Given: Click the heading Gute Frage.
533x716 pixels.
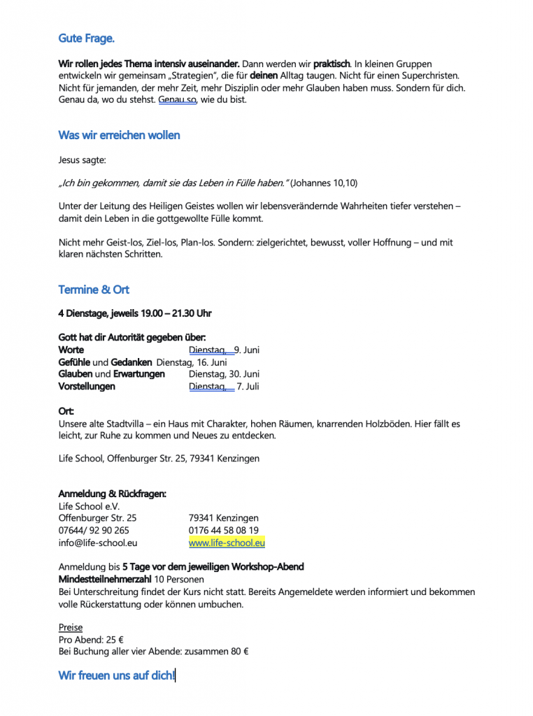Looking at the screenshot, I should [x=86, y=38].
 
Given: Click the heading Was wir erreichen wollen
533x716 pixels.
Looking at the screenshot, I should [x=119, y=135].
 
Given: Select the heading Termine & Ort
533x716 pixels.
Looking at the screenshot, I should [x=94, y=289].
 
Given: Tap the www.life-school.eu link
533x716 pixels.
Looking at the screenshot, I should [x=227, y=543].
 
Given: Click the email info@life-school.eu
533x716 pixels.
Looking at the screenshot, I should [x=98, y=543].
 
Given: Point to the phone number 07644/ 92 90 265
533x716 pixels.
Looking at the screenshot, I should [x=94, y=531].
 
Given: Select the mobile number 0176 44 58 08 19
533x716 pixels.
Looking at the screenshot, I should [x=223, y=531].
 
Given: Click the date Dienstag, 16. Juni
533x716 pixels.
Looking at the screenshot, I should [x=192, y=362].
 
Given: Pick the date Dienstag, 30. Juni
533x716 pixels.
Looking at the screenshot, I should [x=224, y=374].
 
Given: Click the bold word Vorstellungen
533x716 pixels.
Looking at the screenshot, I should [x=87, y=387].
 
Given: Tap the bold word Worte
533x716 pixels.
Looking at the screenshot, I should [x=71, y=350].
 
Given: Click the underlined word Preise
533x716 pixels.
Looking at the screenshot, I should [x=71, y=627].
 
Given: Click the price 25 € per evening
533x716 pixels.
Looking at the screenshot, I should [x=115, y=639].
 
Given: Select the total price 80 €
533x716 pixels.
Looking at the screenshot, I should [x=239, y=651].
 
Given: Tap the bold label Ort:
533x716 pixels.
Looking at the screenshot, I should [x=66, y=411].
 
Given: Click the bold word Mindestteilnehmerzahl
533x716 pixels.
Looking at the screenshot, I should [x=105, y=579].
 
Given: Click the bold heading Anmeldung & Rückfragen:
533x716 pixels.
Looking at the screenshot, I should [x=112, y=494].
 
